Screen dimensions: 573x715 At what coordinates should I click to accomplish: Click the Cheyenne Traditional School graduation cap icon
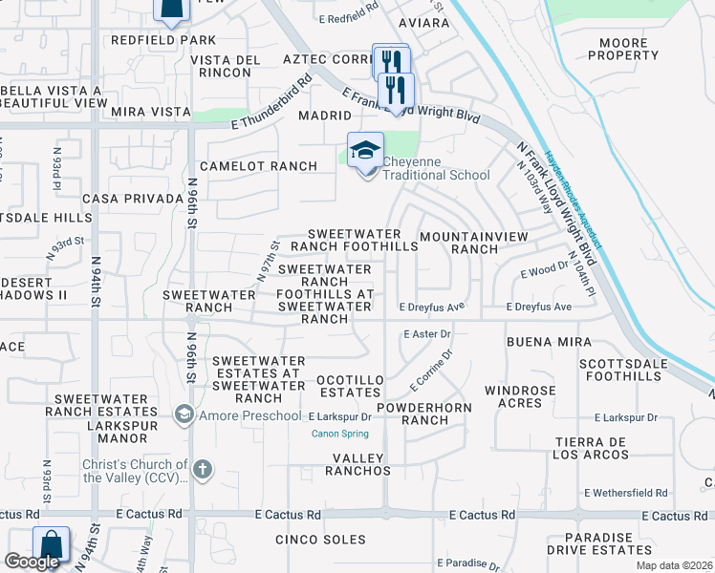point(365,151)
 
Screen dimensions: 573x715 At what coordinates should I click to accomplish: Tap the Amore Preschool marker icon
point(183,414)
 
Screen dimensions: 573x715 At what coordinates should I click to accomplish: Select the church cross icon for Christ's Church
point(202,470)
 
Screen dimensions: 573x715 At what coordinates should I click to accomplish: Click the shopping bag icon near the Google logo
point(51,545)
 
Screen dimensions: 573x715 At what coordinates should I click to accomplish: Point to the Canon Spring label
point(339,434)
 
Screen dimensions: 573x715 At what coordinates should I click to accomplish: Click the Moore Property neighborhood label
point(637,49)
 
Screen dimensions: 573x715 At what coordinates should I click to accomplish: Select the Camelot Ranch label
point(258,166)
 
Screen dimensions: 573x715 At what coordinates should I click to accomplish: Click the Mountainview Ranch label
point(460,242)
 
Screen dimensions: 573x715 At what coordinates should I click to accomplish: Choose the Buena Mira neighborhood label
point(549,341)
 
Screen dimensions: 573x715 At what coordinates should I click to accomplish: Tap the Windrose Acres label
point(520,396)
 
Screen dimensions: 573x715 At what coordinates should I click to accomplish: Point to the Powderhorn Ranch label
point(413,414)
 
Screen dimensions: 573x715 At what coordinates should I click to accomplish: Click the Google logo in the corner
point(31,562)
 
